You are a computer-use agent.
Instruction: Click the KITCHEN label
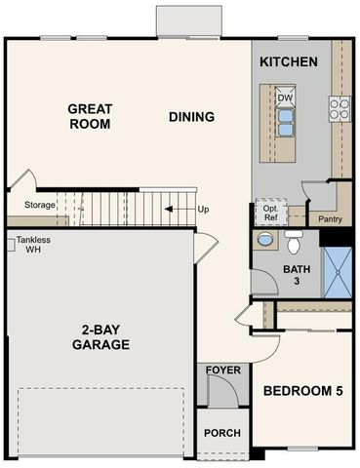[x=289, y=61]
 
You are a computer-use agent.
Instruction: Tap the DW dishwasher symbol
[x=285, y=97]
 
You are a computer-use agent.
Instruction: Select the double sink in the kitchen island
[x=285, y=122]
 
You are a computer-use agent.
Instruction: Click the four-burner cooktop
[x=340, y=108]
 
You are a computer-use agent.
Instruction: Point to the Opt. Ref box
[x=271, y=212]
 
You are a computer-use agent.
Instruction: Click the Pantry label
[x=330, y=219]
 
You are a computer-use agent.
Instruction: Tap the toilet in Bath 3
[x=294, y=242]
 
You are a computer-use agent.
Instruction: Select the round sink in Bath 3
[x=265, y=240]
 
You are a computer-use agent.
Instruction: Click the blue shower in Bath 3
[x=338, y=272]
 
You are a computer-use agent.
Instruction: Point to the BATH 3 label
[x=297, y=275]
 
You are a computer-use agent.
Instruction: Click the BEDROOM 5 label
[x=302, y=391]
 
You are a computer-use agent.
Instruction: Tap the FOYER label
[x=223, y=370]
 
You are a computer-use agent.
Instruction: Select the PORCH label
[x=222, y=433]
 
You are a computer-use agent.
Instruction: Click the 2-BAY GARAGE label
[x=100, y=337]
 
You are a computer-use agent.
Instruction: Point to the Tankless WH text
[x=33, y=245]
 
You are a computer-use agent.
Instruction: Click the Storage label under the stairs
[x=40, y=205]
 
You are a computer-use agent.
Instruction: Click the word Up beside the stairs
[x=203, y=210]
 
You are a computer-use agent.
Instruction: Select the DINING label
[x=191, y=117]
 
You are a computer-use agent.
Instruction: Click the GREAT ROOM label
[x=90, y=116]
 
